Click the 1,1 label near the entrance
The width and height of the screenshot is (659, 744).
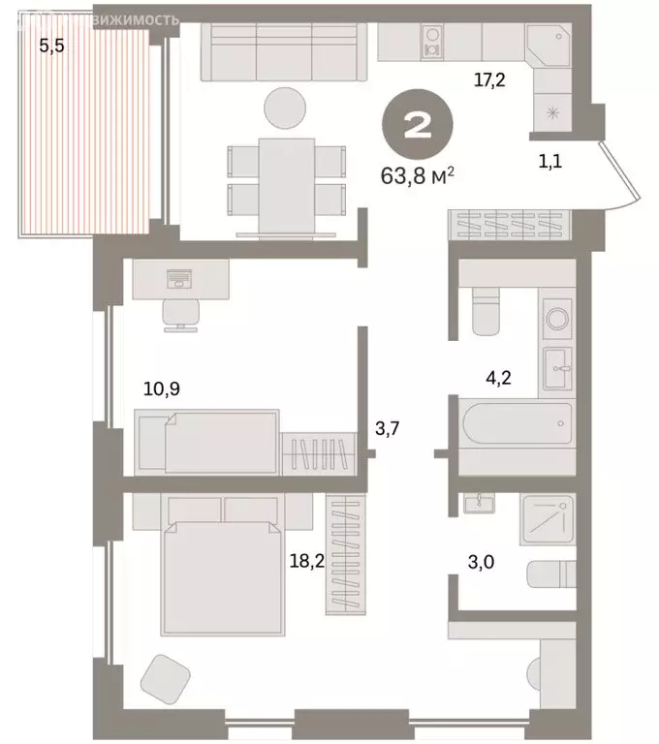pos(553,161)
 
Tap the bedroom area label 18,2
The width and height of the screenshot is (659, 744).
pos(303,560)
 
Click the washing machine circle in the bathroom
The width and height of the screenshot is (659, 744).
pos(558,317)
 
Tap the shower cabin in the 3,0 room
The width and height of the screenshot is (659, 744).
pos(548,519)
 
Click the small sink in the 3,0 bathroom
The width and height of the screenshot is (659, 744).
pos(477,503)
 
